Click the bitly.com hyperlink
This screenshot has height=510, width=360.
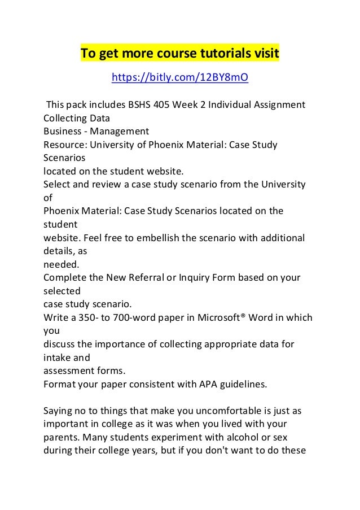(179, 77)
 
